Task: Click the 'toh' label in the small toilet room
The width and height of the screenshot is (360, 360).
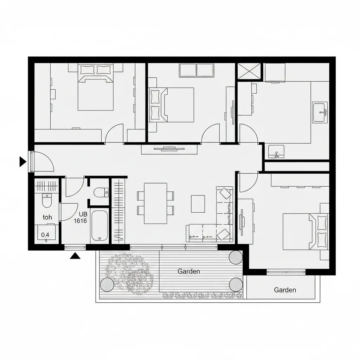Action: pyautogui.click(x=47, y=217)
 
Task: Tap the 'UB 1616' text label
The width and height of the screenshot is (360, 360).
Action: pyautogui.click(x=81, y=217)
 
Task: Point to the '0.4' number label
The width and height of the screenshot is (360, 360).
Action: pyautogui.click(x=45, y=235)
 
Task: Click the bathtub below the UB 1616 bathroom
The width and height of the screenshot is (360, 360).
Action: pyautogui.click(x=99, y=226)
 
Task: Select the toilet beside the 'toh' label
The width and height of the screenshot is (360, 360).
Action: pyautogui.click(x=47, y=200)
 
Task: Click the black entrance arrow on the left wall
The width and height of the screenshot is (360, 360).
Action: pyautogui.click(x=22, y=162)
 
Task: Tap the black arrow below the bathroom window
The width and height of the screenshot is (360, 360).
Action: pyautogui.click(x=75, y=256)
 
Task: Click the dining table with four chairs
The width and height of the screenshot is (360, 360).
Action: pyautogui.click(x=155, y=203)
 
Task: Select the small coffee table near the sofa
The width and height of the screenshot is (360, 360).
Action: pyautogui.click(x=198, y=204)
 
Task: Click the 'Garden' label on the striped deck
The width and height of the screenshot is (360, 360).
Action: pyautogui.click(x=189, y=271)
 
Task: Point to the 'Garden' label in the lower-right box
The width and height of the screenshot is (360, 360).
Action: pyautogui.click(x=285, y=290)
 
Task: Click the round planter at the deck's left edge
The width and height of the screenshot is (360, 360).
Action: pyautogui.click(x=107, y=285)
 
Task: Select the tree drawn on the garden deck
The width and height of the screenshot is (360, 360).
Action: pyautogui.click(x=129, y=273)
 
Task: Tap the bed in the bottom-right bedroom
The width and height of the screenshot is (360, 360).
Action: pyautogui.click(x=306, y=231)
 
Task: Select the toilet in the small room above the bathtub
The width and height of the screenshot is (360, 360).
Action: pyautogui.click(x=101, y=192)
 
